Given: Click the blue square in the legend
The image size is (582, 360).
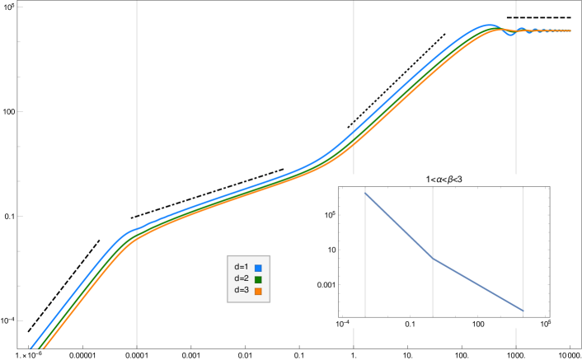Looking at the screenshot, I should pyautogui.click(x=258, y=268).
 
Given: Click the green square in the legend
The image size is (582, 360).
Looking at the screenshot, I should pyautogui.click(x=258, y=279).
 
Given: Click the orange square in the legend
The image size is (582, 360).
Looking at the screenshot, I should pyautogui.click(x=258, y=291).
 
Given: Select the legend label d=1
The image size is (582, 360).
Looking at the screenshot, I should pyautogui.click(x=242, y=268).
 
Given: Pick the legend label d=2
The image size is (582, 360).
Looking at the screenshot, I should pyautogui.click(x=242, y=279).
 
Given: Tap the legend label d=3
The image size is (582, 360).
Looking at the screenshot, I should pyautogui.click(x=242, y=291).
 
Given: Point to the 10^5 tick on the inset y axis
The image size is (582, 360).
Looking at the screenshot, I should pyautogui.click(x=329, y=215).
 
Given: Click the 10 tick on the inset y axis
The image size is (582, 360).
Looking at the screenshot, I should pyautogui.click(x=331, y=250).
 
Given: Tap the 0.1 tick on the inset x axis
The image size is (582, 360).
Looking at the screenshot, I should pyautogui.click(x=411, y=323).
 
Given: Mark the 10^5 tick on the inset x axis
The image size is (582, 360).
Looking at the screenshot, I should pyautogui.click(x=545, y=323).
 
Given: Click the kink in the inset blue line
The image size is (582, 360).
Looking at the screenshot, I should pyautogui.click(x=434, y=259).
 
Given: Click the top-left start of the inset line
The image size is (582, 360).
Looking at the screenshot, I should pyautogui.click(x=365, y=194).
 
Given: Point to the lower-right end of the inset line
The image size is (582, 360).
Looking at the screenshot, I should pyautogui.click(x=523, y=311).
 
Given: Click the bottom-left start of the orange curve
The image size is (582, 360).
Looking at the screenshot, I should pyautogui.click(x=43, y=348).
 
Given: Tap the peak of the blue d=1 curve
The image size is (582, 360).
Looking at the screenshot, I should pyautogui.click(x=490, y=26).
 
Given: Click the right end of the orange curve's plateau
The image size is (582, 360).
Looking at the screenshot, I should pyautogui.click(x=570, y=31).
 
